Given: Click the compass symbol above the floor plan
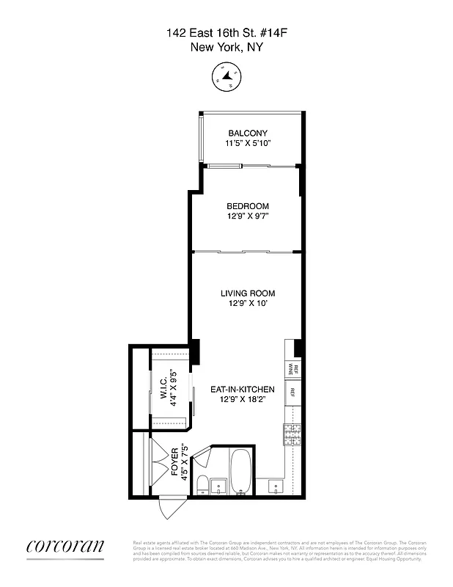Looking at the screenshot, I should (x=226, y=75).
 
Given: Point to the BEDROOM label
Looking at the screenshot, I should (x=247, y=206).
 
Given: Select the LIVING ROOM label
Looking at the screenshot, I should (x=247, y=293).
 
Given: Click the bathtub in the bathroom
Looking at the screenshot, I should (x=241, y=473).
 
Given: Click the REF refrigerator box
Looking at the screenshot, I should (x=292, y=393).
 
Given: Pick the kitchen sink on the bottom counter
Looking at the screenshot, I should (x=276, y=486).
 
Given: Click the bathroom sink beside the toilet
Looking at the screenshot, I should (x=218, y=486).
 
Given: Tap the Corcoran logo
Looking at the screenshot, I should (x=65, y=546).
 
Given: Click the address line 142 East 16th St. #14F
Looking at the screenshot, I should (x=226, y=32).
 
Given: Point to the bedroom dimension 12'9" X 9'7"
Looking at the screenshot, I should (x=247, y=217).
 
